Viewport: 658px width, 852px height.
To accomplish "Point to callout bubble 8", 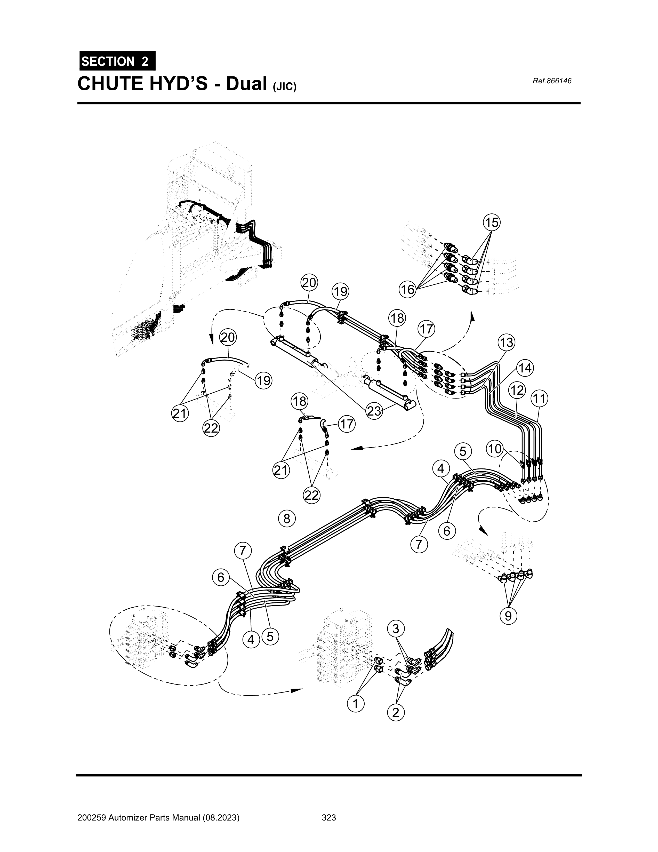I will point(287,519).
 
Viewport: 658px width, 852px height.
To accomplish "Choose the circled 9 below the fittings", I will point(508,616).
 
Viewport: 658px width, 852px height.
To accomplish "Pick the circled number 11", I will point(539,399).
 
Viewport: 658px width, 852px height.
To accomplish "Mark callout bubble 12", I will point(517,390).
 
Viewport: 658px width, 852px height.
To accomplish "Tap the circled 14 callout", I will point(525,368).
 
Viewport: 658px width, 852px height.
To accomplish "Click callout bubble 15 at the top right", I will point(492,223).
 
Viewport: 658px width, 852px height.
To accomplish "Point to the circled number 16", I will point(407,289).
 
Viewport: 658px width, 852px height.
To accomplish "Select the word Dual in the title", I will point(246,83).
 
